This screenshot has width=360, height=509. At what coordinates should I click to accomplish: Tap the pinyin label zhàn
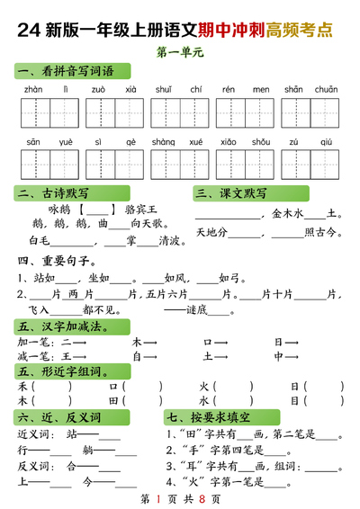33,90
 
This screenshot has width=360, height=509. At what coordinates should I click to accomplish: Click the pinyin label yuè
67,142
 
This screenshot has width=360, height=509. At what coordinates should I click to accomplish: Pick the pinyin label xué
196,142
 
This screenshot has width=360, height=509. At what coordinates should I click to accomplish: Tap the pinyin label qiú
327,142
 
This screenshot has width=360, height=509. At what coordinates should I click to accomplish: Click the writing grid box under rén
229,115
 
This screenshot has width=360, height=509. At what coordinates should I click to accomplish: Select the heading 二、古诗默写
53,193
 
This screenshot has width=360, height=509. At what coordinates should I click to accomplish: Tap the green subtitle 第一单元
180,53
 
